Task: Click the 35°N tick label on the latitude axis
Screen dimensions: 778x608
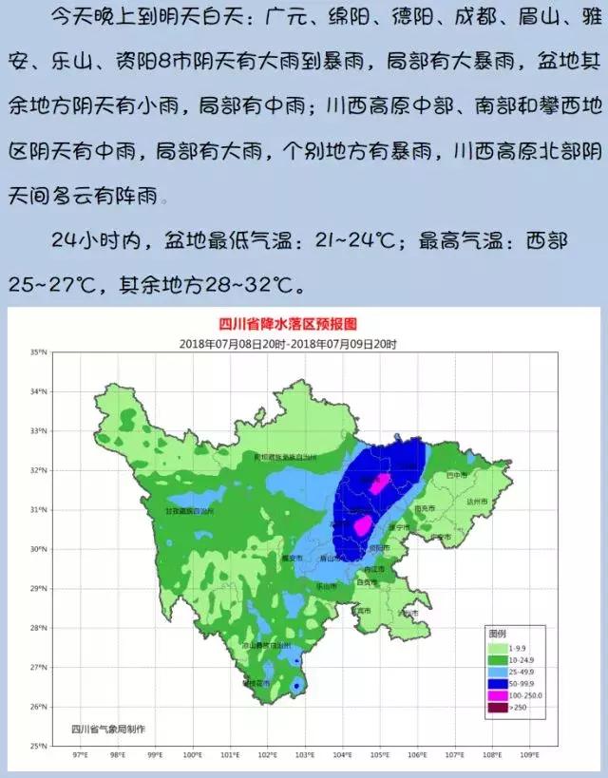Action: pyautogui.click(x=38, y=352)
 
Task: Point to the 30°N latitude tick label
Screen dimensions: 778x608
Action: pyautogui.click(x=38, y=549)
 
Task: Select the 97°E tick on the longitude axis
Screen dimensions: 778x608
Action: pyautogui.click(x=81, y=756)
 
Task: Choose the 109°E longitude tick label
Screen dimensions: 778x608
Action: pyautogui.click(x=527, y=756)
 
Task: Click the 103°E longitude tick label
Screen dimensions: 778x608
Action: pyautogui.click(x=304, y=756)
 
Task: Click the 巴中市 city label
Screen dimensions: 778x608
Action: pyautogui.click(x=457, y=474)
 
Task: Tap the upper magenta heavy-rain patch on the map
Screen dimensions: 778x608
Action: pyautogui.click(x=380, y=483)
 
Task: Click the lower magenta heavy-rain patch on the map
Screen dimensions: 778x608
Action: pyautogui.click(x=362, y=524)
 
